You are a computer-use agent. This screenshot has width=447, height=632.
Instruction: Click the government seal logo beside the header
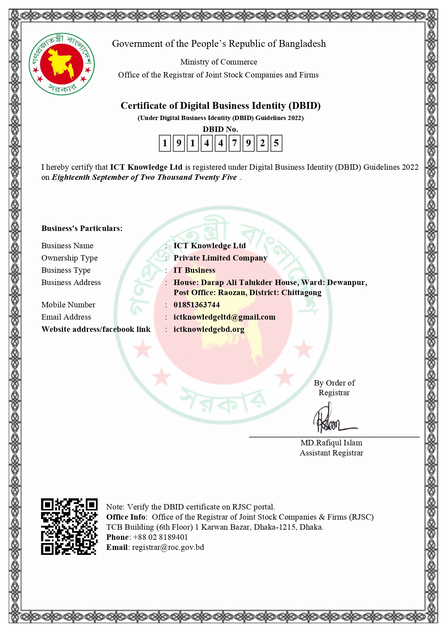62,64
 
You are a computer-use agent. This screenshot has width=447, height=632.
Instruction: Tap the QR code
69,526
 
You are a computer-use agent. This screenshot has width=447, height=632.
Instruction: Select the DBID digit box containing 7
234,143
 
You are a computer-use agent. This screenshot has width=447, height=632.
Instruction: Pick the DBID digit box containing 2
262,143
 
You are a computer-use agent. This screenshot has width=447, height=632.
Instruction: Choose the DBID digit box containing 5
276,143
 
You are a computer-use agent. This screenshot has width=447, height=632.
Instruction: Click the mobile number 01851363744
197,305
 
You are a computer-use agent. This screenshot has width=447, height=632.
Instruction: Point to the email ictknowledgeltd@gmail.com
224,317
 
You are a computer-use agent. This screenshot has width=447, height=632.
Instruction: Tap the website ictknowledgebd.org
209,329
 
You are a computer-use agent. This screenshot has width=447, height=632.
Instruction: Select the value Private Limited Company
220,258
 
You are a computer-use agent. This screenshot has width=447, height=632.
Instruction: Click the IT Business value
195,270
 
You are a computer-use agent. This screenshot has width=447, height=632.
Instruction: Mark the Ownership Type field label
70,258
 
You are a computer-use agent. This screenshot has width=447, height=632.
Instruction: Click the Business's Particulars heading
82,228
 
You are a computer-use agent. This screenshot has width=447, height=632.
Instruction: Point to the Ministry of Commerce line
219,62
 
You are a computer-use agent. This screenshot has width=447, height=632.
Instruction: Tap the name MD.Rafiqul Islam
331,443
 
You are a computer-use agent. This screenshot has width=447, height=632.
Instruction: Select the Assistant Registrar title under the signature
331,453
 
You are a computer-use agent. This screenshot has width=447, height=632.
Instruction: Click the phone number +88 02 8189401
160,537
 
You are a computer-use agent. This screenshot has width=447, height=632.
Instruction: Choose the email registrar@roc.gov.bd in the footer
168,547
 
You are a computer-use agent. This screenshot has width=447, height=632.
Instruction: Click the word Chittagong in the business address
301,293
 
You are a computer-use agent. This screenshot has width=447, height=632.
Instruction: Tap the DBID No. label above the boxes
220,129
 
